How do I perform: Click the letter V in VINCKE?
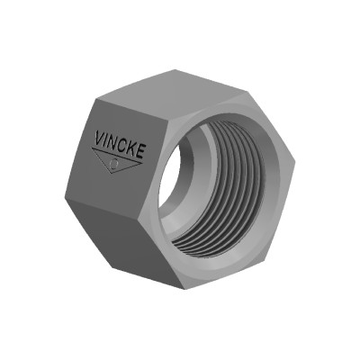pyautogui.click(x=98, y=139)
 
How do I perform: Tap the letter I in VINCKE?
pyautogui.click(x=107, y=140)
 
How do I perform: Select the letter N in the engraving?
pyautogui.click(x=114, y=142)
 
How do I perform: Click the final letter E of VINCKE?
pyautogui.click(x=142, y=149)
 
